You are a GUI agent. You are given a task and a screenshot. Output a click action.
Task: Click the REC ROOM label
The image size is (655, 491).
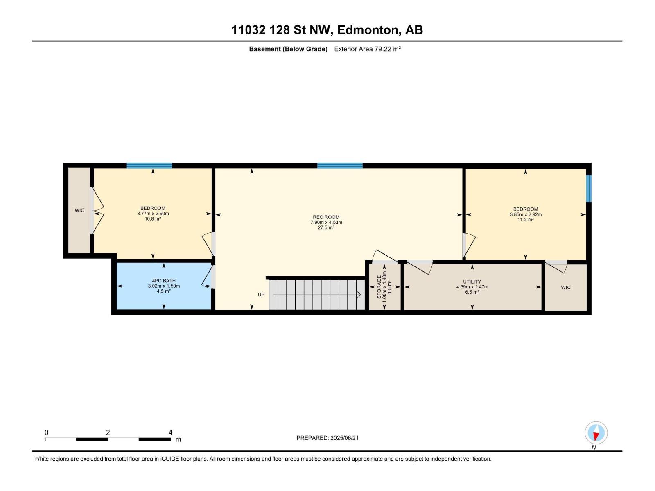point(326,217)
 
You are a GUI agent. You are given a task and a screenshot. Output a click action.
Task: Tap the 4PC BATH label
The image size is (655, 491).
point(164,281)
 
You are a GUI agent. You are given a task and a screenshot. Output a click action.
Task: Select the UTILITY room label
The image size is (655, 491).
point(472,282)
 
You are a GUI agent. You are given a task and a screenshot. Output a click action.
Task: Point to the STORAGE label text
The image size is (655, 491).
point(379,287)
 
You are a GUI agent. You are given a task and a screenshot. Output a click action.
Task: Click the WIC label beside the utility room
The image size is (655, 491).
point(565,287)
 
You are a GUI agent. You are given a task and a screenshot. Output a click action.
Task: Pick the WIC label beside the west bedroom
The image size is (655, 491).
point(79,210)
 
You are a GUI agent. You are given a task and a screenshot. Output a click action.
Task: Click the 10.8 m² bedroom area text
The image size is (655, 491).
point(153,219)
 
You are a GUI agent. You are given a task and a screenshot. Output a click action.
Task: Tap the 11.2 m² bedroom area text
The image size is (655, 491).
point(526,220)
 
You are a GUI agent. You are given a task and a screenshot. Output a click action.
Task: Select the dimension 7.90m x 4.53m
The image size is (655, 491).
point(326,223)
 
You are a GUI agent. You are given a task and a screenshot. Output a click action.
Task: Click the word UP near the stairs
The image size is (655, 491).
point(261,295)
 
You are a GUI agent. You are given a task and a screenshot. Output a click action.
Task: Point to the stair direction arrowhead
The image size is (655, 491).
point(359,295)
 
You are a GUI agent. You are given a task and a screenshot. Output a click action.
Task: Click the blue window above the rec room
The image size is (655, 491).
point(340,166)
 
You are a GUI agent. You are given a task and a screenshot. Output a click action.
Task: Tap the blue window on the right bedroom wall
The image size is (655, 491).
point(589,188)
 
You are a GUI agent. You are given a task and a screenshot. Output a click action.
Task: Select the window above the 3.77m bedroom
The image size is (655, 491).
point(149,166)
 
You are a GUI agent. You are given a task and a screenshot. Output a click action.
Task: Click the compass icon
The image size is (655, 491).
point(596,432)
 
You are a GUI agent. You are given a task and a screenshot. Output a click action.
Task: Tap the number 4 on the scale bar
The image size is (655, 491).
point(170,432)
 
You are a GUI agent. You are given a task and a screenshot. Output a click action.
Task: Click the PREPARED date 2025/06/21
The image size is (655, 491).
point(344,438)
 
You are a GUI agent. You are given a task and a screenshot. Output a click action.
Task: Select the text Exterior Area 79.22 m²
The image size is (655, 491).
point(367,49)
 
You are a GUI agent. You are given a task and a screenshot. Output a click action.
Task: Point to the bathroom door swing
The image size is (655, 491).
point(207,277)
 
